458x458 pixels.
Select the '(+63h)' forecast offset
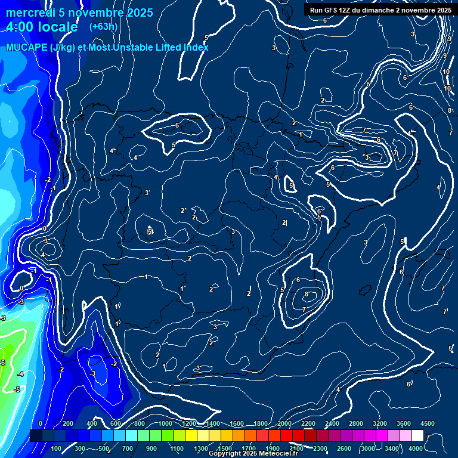pyautogui.click(x=103, y=26)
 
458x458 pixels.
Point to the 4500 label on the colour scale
pyautogui.click(x=427, y=423)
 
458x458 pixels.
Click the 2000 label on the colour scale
pyautogui.click(x=284, y=423)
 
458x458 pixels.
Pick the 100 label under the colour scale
pyautogui.click(x=56, y=448)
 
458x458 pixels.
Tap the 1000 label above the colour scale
pyautogui.click(x=165, y=423)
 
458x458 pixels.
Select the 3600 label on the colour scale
pyautogui.click(x=403, y=423)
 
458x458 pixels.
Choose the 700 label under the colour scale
pyautogui.click(x=128, y=448)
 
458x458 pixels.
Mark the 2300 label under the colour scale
pyautogui.click(x=320, y=448)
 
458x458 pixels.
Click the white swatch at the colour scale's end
pyautogui.click(x=417, y=436)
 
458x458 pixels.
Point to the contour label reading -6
pyautogui.click(x=2, y=363)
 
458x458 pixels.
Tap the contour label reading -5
pyautogui.click(x=17, y=389)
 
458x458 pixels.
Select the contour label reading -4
pyautogui.click(x=21, y=374)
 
